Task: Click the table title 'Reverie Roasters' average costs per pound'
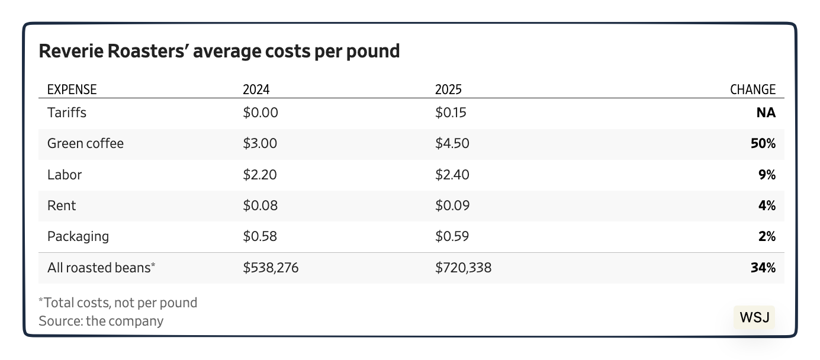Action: [x=219, y=52]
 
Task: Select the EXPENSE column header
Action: [x=72, y=89]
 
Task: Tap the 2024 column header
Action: [x=256, y=89]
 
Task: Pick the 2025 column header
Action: [x=448, y=89]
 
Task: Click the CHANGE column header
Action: [x=752, y=89]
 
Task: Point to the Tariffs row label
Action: [x=66, y=112]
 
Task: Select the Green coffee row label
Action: [x=85, y=143]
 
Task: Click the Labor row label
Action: [x=65, y=175]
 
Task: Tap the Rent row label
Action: [x=62, y=205]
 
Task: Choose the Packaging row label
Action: [x=78, y=236]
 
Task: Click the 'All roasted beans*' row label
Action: [x=101, y=268]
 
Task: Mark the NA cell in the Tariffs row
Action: [x=766, y=112]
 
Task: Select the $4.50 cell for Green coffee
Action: [x=452, y=143]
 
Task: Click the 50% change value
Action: [x=763, y=143]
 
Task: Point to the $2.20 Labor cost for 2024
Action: [x=260, y=175]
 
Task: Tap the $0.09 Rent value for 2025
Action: [x=452, y=205]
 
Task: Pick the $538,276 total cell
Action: [x=271, y=268]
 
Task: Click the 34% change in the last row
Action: [x=763, y=268]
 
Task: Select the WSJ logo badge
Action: [x=754, y=317]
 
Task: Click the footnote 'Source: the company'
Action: [x=101, y=321]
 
